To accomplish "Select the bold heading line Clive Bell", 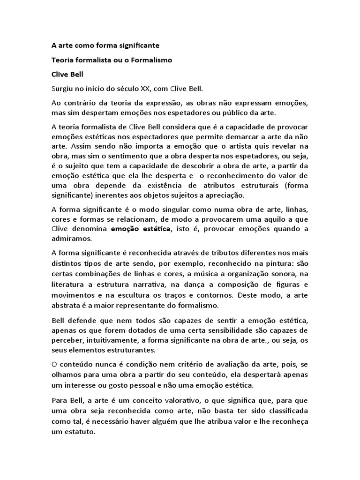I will click(x=68, y=74).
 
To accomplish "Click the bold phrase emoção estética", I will click(x=141, y=228).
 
